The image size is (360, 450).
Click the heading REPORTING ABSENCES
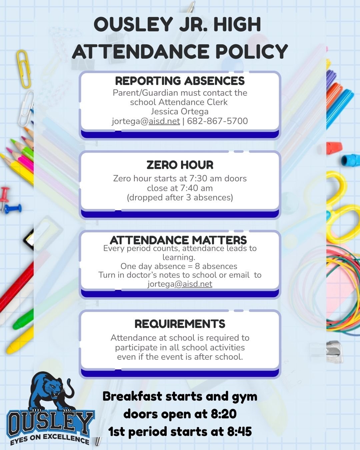180,81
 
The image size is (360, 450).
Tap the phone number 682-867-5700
217,121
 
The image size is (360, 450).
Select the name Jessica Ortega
180,111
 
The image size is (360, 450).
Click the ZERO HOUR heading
180,165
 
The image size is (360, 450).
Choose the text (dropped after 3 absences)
180,197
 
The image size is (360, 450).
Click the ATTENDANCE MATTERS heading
178,240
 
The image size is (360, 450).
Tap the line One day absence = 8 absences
179,266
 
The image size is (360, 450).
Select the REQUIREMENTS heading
180,324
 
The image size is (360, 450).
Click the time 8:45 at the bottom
239,432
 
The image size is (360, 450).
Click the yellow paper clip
24,68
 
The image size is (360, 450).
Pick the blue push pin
13,209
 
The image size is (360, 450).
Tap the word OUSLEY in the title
133,25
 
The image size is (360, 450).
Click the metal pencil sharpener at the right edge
333,352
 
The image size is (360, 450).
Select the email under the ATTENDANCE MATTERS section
180,284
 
